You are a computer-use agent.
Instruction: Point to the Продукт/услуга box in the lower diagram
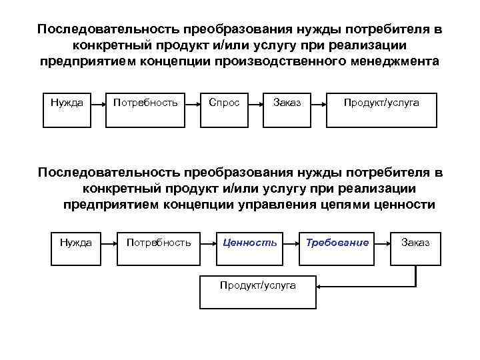(258, 289)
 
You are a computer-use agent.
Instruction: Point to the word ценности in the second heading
(408, 205)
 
